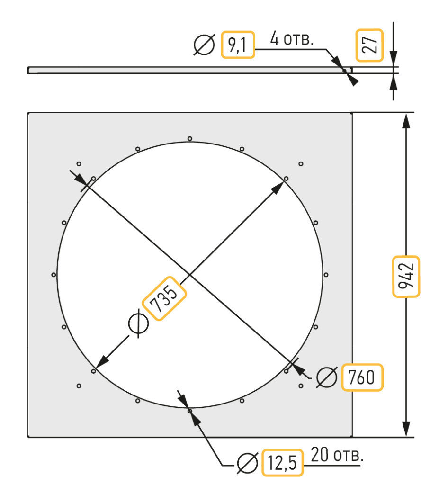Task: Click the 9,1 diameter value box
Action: coord(238,45)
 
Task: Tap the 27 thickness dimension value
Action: coord(370,45)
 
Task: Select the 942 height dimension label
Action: coord(406,277)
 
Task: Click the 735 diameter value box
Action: coord(164,298)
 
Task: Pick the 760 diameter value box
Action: coord(362,377)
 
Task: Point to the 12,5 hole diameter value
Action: coord(282,462)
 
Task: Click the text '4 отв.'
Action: coord(292,39)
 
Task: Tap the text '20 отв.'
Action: coord(337,455)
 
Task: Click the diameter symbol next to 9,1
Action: coord(204,45)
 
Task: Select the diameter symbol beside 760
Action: coord(327,377)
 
